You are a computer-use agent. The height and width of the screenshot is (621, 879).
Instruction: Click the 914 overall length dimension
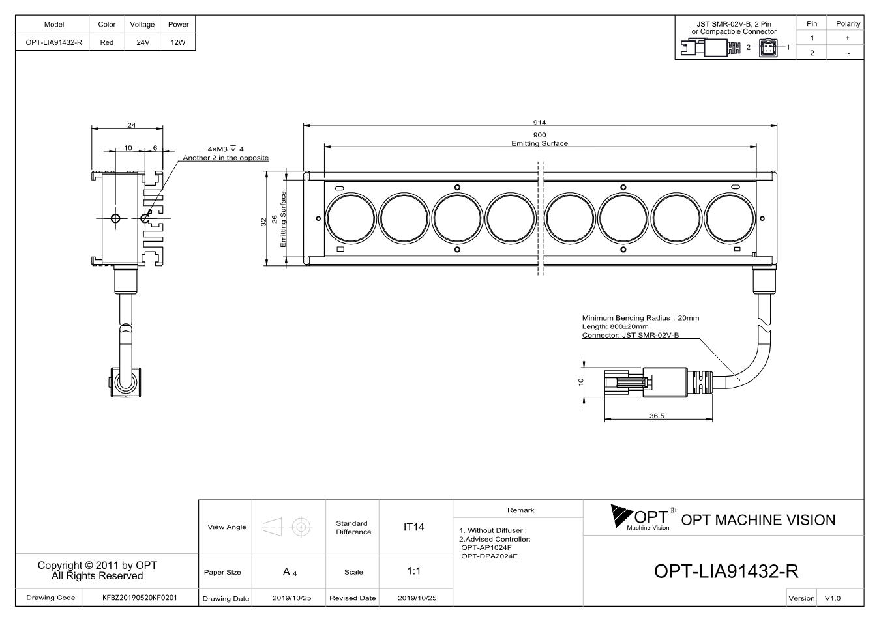539,123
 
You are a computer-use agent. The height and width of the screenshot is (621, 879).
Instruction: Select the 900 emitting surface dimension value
539,135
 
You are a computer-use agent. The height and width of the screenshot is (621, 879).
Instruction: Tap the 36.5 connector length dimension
657,416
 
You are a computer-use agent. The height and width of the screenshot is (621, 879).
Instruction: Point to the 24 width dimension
132,125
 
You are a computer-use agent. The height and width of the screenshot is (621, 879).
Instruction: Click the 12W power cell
178,42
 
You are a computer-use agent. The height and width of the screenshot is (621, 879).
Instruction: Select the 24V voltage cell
143,42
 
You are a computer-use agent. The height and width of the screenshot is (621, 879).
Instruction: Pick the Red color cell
107,42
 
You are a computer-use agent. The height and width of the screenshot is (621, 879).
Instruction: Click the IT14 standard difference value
413,527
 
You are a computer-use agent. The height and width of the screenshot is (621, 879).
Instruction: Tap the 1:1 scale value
413,571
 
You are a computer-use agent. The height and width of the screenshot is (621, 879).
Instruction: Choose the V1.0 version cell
832,598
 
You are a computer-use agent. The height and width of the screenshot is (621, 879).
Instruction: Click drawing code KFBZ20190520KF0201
140,598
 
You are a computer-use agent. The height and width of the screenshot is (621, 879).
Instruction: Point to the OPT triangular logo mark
621,515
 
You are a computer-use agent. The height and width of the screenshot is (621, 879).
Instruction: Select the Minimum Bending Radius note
640,318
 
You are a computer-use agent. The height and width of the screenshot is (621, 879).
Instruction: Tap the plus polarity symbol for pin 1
848,38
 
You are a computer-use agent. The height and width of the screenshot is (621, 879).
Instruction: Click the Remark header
521,510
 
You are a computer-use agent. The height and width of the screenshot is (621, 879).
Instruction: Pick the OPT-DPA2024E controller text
489,556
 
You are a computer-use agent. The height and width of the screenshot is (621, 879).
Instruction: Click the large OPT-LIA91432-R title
726,571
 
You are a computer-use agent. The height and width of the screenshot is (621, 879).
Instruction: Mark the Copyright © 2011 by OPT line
97,566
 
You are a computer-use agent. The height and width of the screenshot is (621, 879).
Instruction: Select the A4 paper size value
290,572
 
